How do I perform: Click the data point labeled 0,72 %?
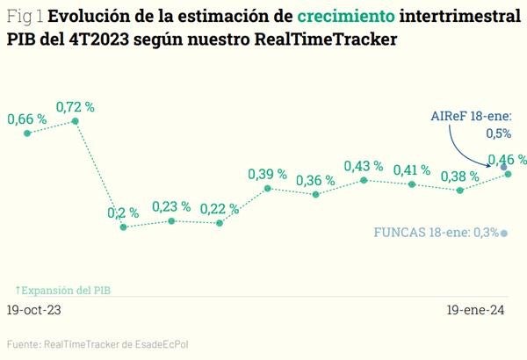click(x=76, y=124)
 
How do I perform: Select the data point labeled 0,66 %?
click(x=28, y=133)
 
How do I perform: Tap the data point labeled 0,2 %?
click(x=124, y=227)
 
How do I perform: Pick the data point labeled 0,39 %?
click(x=267, y=187)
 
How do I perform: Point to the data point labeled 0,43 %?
click(x=364, y=180)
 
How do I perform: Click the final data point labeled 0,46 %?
click(x=509, y=174)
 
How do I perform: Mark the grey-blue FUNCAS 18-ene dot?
click(x=503, y=233)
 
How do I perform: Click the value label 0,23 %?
click(x=171, y=206)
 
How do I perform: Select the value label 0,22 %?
click(x=219, y=208)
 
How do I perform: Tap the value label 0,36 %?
click(x=314, y=180)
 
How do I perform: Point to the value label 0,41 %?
click(x=411, y=169)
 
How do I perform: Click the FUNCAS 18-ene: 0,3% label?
click(x=436, y=233)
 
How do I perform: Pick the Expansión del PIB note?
click(x=63, y=290)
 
